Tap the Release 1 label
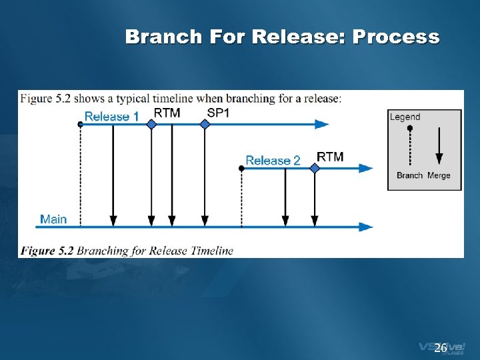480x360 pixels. coord(111,117)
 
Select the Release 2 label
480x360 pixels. coord(273,161)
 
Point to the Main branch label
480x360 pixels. coord(53,219)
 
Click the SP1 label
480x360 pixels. coord(218,113)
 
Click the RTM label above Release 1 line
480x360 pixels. coord(167,113)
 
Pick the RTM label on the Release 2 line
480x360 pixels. coord(330,157)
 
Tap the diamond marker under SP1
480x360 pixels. coord(205,124)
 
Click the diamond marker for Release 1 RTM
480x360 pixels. coord(151,124)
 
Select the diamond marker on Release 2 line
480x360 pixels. coord(315,168)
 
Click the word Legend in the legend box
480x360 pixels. coord(405,117)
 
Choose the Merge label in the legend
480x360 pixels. coord(439,175)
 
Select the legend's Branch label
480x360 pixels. coord(409,175)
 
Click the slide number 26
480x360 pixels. coord(440,348)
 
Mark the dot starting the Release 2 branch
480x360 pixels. coord(241,168)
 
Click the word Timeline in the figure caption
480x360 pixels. coord(212,251)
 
